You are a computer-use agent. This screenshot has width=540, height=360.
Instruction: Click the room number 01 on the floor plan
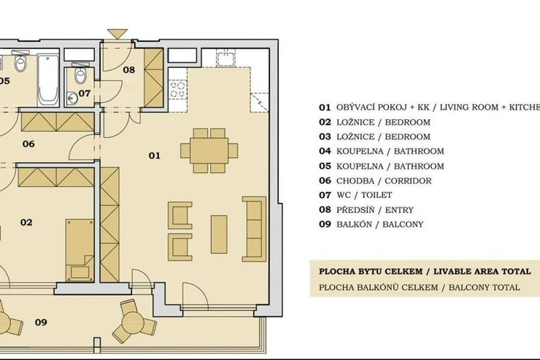tap(155, 156)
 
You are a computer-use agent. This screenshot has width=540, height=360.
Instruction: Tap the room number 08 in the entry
tap(129, 70)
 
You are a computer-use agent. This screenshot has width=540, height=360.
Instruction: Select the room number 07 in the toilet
tap(85, 93)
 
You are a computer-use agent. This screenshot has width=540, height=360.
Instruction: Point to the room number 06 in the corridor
tap(28, 144)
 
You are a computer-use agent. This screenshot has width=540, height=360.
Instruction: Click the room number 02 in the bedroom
tap(26, 223)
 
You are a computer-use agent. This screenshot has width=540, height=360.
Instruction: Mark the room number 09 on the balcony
tap(41, 323)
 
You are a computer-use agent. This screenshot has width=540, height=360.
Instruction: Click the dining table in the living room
tap(209, 150)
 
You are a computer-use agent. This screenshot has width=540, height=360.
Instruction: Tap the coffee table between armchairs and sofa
tap(219, 234)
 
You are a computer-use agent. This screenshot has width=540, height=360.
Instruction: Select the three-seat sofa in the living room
tap(254, 229)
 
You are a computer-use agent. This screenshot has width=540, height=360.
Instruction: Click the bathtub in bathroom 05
tap(48, 80)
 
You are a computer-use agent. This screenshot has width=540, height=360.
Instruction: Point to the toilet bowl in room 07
tap(80, 74)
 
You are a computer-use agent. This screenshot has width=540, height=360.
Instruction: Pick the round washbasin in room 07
tap(72, 98)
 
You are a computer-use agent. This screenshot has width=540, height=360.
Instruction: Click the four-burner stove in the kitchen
tap(178, 90)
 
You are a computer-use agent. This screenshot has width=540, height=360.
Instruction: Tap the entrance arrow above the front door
tap(117, 34)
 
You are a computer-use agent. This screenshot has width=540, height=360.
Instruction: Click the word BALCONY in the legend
tap(403, 225)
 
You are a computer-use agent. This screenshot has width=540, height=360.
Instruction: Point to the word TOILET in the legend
tap(377, 195)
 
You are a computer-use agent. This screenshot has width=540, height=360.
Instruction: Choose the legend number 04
tap(325, 151)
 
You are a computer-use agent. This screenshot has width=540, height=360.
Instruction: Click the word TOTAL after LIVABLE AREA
tap(516, 272)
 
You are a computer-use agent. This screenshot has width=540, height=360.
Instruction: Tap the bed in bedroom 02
tap(80, 250)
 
